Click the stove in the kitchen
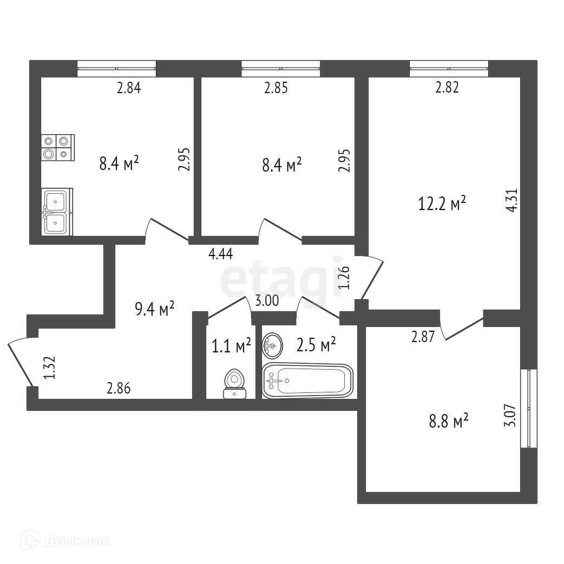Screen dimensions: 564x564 pyautogui.click(x=57, y=148)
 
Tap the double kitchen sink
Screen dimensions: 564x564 pyautogui.click(x=56, y=212)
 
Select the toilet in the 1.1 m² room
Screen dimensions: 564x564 pyautogui.click(x=234, y=383)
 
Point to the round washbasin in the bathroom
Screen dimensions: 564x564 pyautogui.click(x=272, y=345)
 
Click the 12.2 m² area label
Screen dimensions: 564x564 pyautogui.click(x=442, y=204)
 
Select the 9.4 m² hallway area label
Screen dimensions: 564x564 pyautogui.click(x=154, y=309)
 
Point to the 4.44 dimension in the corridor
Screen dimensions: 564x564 pyautogui.click(x=221, y=254)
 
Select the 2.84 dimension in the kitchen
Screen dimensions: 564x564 pyautogui.click(x=129, y=88)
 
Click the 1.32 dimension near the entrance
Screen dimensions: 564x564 pyautogui.click(x=48, y=368)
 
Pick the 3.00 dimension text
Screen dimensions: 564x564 pyautogui.click(x=267, y=301)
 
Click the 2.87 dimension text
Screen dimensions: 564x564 pyautogui.click(x=423, y=337)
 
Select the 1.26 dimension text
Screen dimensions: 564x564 pyautogui.click(x=344, y=278)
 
